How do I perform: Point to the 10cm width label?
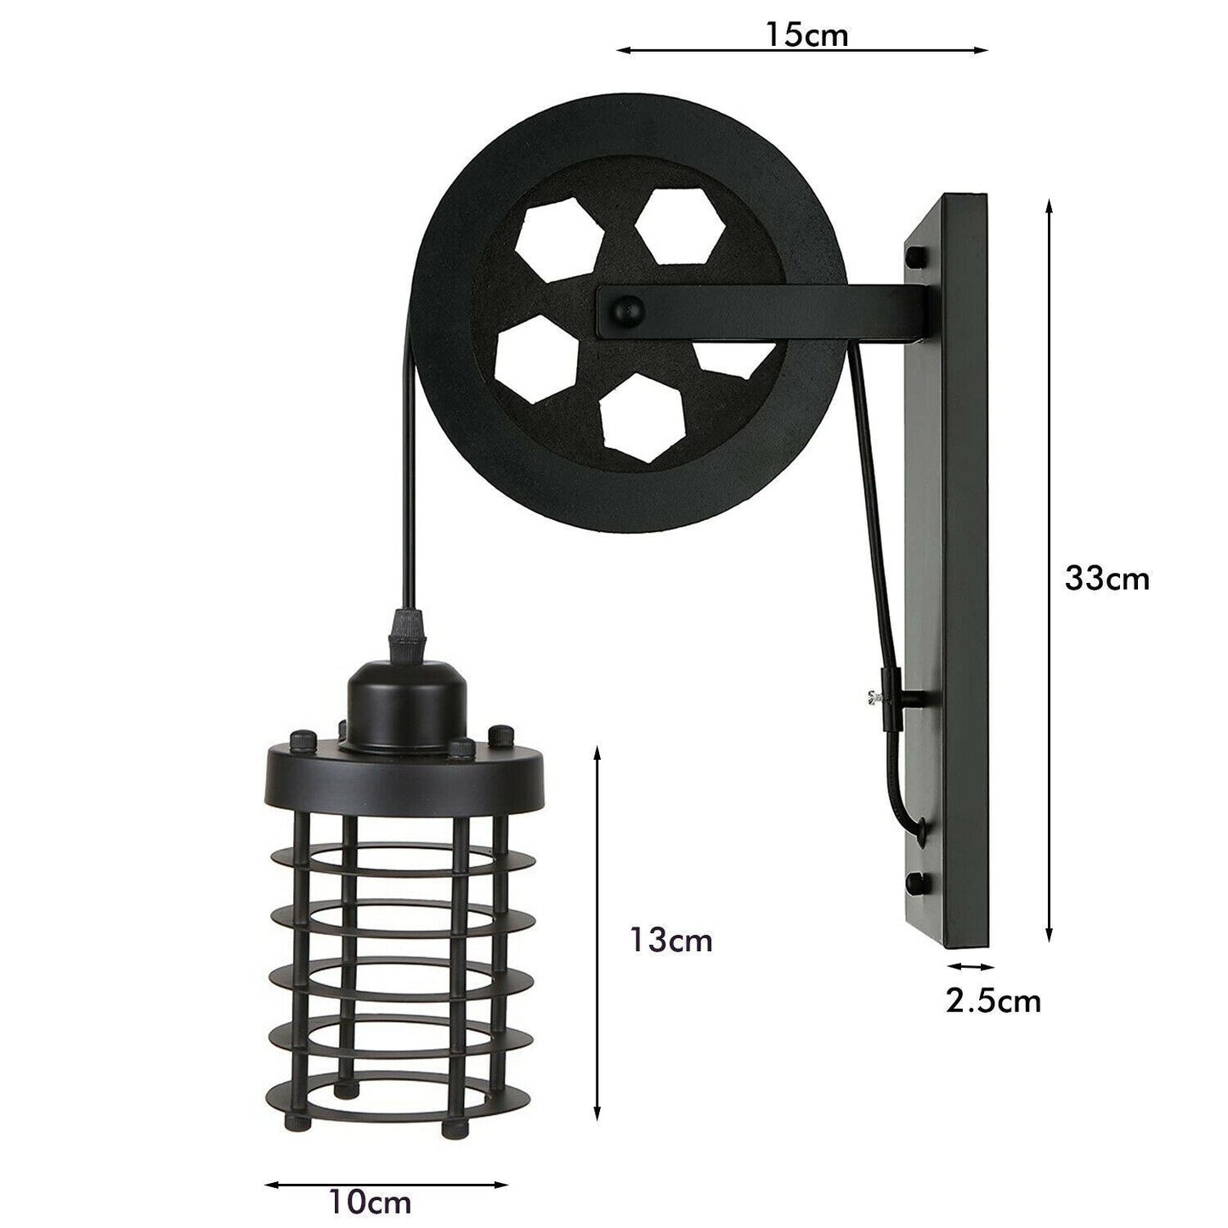coord(372,1203)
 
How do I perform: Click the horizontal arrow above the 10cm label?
coord(387,1183)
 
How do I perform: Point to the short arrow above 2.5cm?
coord(971,966)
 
